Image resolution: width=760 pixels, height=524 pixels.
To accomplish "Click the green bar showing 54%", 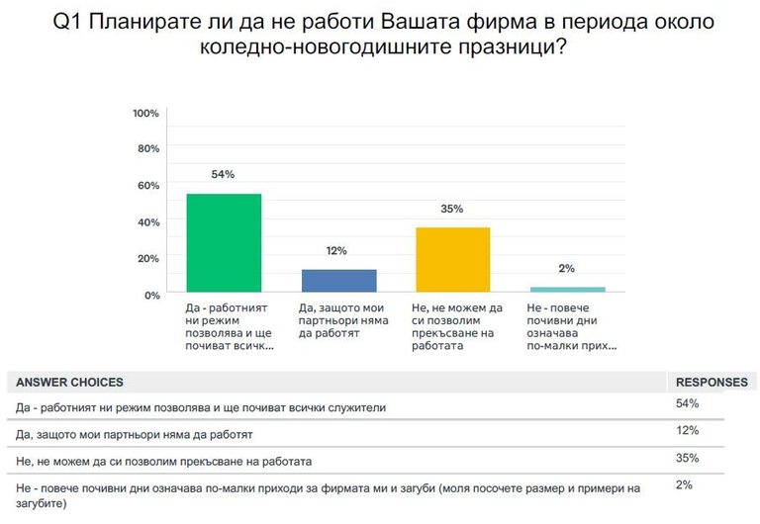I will coord(224,242).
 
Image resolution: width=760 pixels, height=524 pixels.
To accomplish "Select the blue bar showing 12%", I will coord(338,281).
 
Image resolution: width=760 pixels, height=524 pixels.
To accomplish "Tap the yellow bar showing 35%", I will coord(453,260).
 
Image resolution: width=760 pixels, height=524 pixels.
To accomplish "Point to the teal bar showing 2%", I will coord(567,289).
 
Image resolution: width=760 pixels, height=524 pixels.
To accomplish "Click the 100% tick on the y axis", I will coord(145,113).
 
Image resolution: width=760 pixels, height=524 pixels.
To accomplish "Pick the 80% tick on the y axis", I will coord(148,149).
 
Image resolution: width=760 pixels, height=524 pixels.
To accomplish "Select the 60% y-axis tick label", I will coord(148,186).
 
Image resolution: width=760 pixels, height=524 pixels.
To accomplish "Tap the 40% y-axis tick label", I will coord(148,222).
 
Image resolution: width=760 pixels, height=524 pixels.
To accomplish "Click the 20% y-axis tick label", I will coord(148,258).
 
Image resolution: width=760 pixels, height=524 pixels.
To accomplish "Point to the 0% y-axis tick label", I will coord(151,295).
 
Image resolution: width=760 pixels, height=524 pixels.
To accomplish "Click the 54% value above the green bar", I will coord(223,175).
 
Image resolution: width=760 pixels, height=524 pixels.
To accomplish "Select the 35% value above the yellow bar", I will coord(452,210).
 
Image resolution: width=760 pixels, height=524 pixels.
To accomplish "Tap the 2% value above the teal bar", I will coord(567,268).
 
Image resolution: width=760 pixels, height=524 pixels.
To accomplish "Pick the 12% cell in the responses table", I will coord(687,431).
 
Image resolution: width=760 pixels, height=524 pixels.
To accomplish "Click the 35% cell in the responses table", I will coord(687,459).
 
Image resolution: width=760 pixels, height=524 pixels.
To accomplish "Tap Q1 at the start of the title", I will coord(67,22).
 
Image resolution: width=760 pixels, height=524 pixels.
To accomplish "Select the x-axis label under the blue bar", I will coord(338,321).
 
